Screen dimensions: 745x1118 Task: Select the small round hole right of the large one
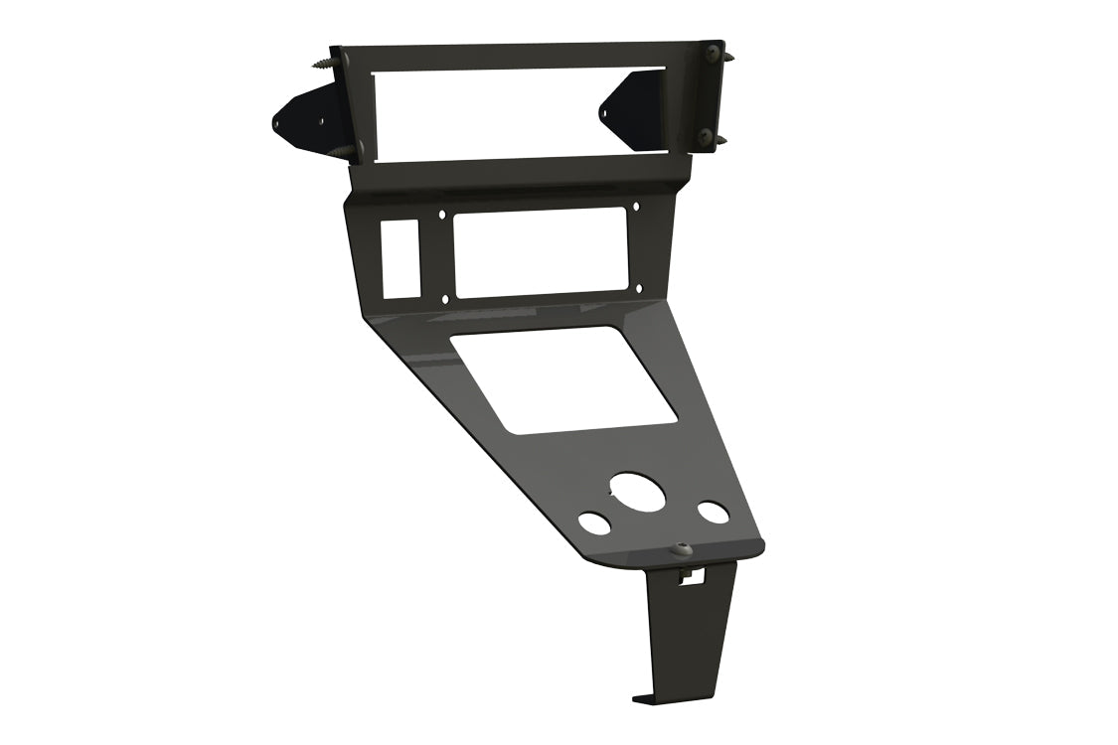[713, 513]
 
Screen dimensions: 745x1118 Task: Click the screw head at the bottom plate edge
[682, 547]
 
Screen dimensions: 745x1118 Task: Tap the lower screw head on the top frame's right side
[707, 133]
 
